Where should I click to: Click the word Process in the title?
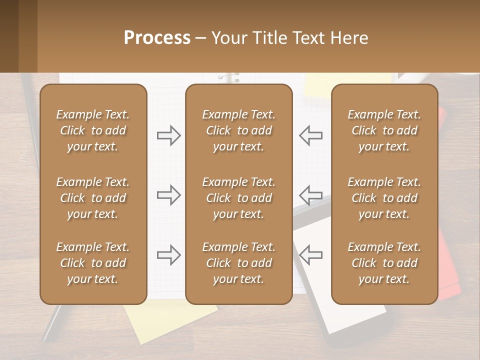(x=157, y=38)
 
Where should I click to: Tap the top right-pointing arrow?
(x=169, y=135)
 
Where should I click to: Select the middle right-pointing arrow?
(x=169, y=194)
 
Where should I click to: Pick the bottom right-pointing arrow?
(x=169, y=255)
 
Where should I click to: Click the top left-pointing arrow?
(x=311, y=135)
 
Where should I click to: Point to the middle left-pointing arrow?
(x=311, y=194)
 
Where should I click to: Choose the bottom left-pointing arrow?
(x=311, y=255)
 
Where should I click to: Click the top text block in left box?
(x=93, y=130)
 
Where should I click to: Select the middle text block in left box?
(x=93, y=198)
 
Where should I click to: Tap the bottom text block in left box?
(x=93, y=263)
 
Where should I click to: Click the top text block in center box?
(x=238, y=130)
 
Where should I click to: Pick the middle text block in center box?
(x=238, y=198)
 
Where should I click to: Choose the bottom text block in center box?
(x=238, y=263)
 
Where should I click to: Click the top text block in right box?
(x=384, y=130)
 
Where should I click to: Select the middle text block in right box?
(x=384, y=198)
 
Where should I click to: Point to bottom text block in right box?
(x=384, y=263)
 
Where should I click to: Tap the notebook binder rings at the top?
(x=229, y=78)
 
